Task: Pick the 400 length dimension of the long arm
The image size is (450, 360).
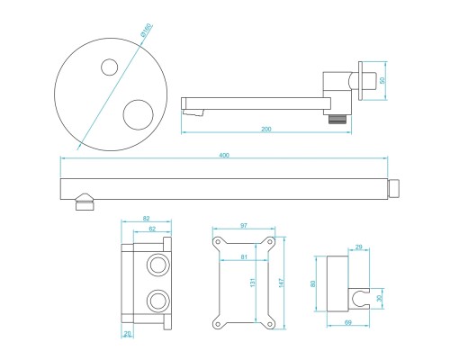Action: coord(223,157)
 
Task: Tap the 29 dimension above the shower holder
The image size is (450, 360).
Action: coord(358,247)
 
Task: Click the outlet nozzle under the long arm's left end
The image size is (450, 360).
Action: coord(84,202)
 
